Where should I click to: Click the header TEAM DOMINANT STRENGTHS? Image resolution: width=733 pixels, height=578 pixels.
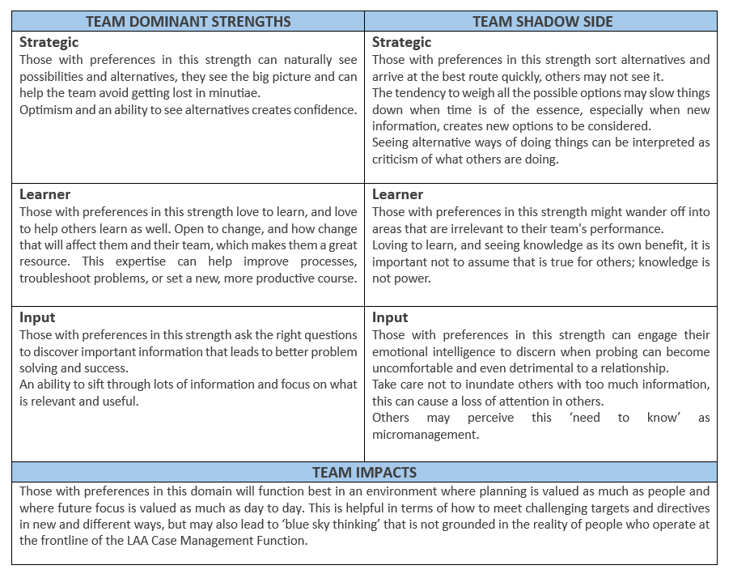coord(188,21)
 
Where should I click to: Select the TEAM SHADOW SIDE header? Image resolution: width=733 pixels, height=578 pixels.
coord(540,21)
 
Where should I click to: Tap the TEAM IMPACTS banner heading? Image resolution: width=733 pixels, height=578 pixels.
coord(364,473)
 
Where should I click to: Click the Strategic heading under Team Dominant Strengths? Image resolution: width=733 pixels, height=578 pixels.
coord(49,42)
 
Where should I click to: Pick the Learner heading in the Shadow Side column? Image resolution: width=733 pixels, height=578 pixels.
coord(397,194)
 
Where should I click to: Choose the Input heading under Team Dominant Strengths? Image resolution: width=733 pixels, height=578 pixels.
coord(37,317)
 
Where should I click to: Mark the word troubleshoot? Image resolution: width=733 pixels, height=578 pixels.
coord(58,278)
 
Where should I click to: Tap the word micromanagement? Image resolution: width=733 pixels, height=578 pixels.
coord(426,435)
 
